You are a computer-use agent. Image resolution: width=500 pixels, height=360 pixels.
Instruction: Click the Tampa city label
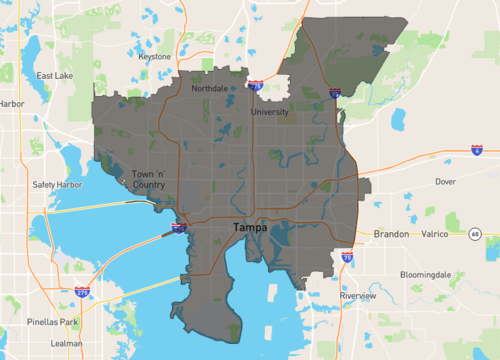(x=249, y=229)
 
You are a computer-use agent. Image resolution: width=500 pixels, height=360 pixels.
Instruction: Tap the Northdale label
(x=210, y=89)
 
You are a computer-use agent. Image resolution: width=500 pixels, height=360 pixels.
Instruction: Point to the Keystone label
(x=155, y=57)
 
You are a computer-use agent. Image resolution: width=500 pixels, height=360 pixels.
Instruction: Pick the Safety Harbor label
(x=57, y=184)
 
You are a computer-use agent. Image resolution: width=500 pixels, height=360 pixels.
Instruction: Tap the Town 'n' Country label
(x=148, y=179)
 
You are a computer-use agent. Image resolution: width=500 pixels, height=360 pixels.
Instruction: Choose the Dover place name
(x=445, y=182)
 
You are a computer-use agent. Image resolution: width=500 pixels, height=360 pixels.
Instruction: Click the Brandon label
(x=391, y=234)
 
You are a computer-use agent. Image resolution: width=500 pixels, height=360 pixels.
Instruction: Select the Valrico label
(x=436, y=234)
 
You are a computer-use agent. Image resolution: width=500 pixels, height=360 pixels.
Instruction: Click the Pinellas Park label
(x=54, y=322)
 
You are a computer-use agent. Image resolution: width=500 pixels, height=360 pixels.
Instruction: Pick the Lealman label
(x=68, y=343)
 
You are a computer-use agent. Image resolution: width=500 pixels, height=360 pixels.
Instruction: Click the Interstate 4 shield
(x=477, y=149)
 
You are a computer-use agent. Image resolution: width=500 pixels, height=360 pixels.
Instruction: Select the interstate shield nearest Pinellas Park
(x=81, y=292)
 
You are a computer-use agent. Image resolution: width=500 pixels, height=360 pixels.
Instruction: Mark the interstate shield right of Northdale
(x=256, y=87)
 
